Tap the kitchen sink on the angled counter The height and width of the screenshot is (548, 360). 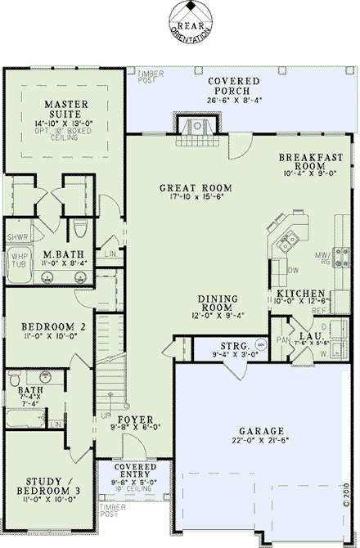point(286,241)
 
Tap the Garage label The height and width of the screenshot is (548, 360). point(262,430)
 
